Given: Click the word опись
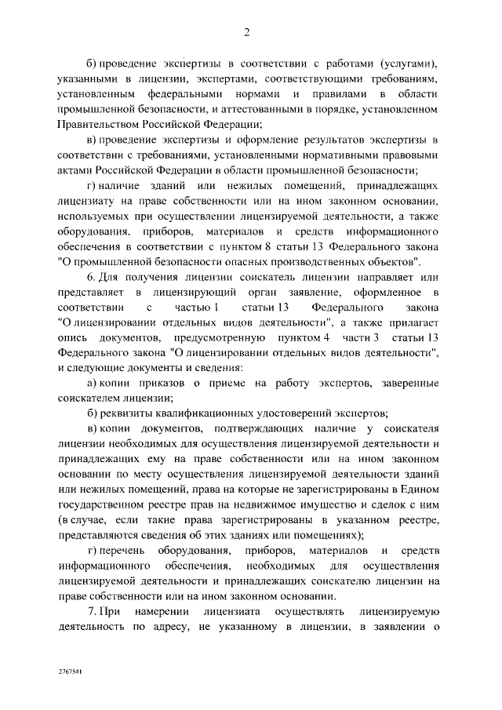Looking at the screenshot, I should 73,337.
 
